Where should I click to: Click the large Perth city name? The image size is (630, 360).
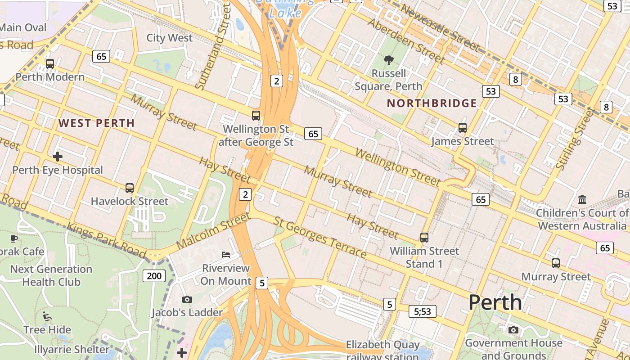(x=495, y=302)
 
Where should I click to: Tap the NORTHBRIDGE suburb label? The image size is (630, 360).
(x=432, y=103)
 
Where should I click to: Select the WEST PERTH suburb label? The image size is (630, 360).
(x=96, y=123)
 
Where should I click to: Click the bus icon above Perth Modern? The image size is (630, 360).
(x=50, y=64)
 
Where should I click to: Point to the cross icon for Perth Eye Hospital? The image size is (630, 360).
(x=58, y=157)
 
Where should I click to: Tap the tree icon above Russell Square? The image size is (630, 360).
(x=388, y=60)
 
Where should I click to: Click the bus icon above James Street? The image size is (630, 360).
(x=462, y=128)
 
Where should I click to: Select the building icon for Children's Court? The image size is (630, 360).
(x=582, y=199)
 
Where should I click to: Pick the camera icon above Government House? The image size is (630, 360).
(x=513, y=330)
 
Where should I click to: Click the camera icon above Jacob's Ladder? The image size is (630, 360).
(x=187, y=299)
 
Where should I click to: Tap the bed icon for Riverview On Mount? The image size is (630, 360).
(x=225, y=255)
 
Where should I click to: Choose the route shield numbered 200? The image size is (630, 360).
(x=154, y=276)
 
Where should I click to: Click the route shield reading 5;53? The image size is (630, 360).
(x=423, y=311)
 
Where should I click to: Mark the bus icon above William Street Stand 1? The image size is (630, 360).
(x=424, y=238)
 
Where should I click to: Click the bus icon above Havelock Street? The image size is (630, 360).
(x=130, y=188)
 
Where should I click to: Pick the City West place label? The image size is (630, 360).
(x=169, y=38)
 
